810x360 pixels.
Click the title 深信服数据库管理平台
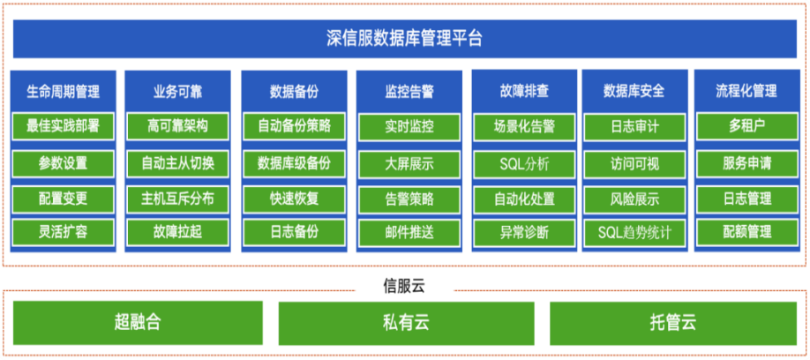(404, 39)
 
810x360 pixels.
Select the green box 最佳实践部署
(63, 125)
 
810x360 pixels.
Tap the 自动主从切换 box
(177, 164)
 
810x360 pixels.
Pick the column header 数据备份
(294, 92)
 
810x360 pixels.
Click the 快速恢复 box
(294, 199)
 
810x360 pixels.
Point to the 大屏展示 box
(409, 164)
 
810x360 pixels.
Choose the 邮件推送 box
(409, 232)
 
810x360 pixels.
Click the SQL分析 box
(524, 164)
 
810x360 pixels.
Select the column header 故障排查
(524, 92)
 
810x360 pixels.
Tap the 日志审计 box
(634, 126)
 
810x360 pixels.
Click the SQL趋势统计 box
(634, 232)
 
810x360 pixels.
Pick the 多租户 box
(747, 126)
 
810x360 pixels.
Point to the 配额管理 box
(747, 232)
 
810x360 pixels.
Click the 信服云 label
(404, 287)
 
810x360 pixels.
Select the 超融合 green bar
(138, 323)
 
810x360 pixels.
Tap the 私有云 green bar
(406, 323)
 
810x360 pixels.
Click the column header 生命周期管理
(63, 92)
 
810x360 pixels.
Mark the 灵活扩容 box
(63, 232)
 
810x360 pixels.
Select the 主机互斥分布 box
(177, 199)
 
